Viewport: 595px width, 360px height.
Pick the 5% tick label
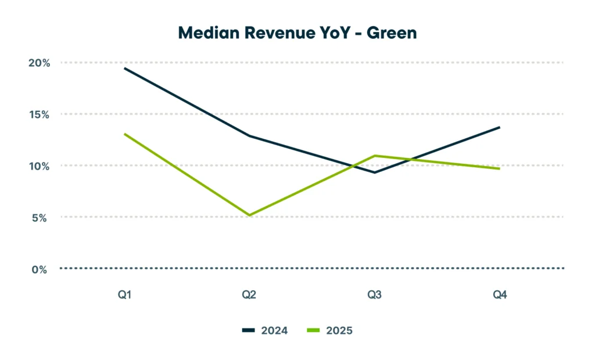(39, 218)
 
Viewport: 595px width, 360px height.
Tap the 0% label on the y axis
(39, 269)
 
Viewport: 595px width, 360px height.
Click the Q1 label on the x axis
(124, 295)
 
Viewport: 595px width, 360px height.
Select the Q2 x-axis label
(249, 295)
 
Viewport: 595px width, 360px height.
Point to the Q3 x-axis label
(374, 295)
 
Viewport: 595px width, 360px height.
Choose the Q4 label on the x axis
(500, 295)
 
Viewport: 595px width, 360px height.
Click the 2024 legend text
(274, 330)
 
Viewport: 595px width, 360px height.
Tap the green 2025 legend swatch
(313, 330)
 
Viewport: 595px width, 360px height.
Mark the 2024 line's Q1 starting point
(124, 69)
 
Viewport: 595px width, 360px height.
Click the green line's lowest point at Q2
(249, 215)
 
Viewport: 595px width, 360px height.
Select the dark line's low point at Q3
(374, 172)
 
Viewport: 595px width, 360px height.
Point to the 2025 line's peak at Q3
(374, 156)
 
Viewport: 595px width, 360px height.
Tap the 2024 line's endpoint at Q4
(499, 127)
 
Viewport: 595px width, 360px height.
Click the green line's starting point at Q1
(124, 134)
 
